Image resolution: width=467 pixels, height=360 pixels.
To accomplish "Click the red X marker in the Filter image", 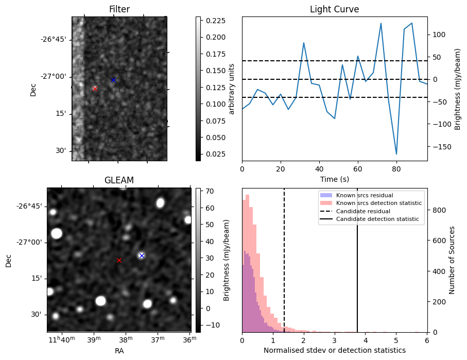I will pos(95,89).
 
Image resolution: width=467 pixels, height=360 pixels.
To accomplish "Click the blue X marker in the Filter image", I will pos(113,80).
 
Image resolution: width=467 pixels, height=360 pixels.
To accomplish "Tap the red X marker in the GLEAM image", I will pos(119,261).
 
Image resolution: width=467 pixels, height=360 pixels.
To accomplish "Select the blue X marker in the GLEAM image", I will pos(142,255).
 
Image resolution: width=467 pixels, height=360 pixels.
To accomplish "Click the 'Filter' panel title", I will pos(119,9).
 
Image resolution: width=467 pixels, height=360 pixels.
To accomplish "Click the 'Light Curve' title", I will pos(334,9).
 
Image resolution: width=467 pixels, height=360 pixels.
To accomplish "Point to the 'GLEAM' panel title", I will pos(119,180).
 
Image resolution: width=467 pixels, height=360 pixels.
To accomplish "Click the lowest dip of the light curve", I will pos(396,154).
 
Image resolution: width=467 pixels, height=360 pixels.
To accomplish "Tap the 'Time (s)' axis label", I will pos(334,179).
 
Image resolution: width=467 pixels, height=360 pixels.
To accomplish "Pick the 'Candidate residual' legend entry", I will pos(360,212).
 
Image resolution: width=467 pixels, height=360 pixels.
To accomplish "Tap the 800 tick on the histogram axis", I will pos(438,210).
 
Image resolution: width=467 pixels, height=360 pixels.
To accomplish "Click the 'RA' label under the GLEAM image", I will pos(119,351).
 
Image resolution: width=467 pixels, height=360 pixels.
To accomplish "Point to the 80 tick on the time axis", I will pos(396,168).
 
